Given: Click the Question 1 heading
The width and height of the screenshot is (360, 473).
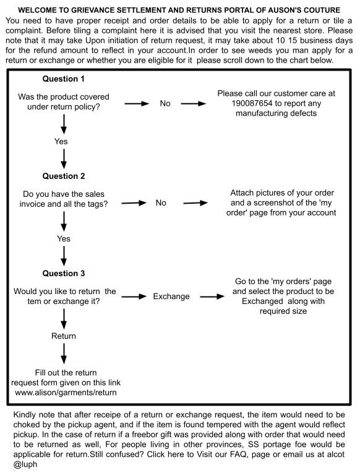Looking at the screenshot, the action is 63,79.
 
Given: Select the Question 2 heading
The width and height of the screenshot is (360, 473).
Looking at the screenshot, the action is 64,176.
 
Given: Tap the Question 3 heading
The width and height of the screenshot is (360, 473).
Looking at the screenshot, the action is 64,273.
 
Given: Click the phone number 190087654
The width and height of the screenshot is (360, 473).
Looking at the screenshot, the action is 252,103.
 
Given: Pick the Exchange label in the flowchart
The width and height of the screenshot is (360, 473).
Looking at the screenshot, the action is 171,296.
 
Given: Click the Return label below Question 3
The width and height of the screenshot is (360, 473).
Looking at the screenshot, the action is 64,336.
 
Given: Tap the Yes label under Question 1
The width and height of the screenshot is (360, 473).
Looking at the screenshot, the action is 61,141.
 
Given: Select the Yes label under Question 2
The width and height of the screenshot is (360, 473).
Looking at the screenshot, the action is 64,238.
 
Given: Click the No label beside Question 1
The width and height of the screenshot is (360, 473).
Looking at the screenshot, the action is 165,103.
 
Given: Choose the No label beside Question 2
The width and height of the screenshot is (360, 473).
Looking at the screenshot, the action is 161,202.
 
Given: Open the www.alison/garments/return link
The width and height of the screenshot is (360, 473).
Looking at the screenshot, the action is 66,393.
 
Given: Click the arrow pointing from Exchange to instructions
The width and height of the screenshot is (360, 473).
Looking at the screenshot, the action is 212,297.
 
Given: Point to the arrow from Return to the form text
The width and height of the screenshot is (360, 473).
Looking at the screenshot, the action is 64,354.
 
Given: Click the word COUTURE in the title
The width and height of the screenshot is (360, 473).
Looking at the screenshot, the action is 322,10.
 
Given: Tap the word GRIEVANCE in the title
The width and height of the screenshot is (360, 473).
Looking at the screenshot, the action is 94,10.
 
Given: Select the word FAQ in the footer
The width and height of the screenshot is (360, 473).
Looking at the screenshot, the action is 239,454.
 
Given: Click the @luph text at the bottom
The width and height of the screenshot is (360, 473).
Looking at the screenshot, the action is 25,464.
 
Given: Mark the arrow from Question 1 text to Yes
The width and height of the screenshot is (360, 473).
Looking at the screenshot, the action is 64,124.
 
